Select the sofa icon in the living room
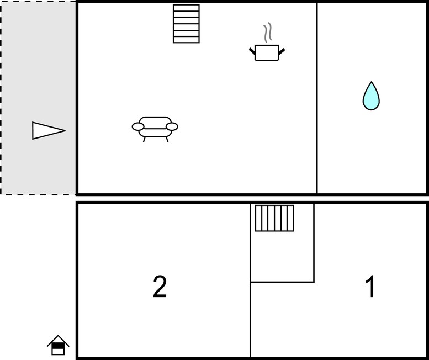coord(155,129)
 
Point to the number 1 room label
coord(370,287)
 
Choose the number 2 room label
coord(160,287)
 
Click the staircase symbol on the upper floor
coord(186,24)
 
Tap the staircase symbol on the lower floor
coord(274,218)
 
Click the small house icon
coord(58,345)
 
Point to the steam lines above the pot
coord(268,32)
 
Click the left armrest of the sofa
coord(138,126)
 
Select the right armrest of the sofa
coord(172,126)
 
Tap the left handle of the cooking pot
coord(252,51)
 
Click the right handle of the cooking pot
coord(282,51)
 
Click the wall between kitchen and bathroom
coord(317,98)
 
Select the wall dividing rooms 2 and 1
coord(250,280)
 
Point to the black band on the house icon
coord(58,346)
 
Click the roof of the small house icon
coord(58,340)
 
